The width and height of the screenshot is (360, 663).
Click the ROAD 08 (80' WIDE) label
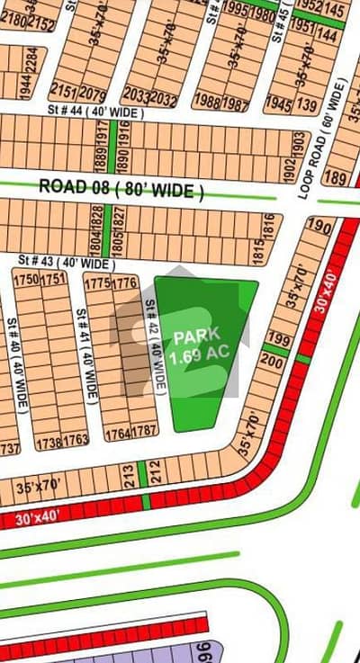tap(121, 190)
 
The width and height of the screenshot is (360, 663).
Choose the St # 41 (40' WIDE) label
tap(86, 355)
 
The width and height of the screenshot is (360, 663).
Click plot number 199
tap(278, 341)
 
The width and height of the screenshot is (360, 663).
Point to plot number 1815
tap(268, 228)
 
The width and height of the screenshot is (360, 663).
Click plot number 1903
tap(297, 143)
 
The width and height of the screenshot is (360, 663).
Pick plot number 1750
tap(26, 279)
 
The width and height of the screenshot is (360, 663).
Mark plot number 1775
tap(96, 283)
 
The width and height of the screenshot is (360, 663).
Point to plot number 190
tap(319, 225)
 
